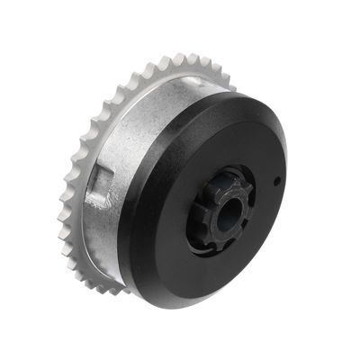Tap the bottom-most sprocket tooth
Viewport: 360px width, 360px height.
(x=117, y=290)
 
